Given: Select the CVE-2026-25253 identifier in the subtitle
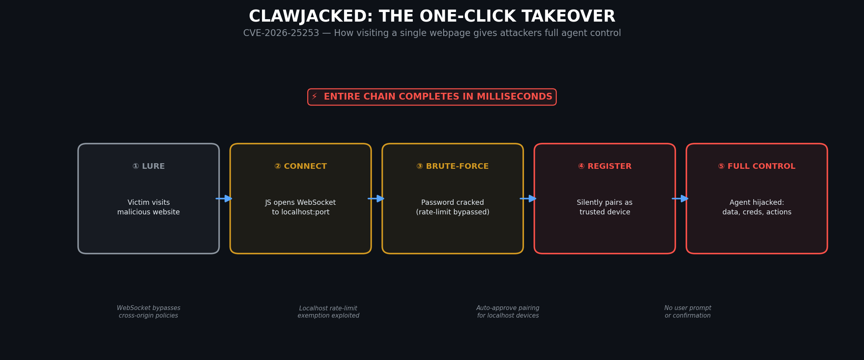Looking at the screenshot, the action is [281, 33].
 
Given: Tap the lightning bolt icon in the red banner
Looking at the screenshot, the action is [314, 97].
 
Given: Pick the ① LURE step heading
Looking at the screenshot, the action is [148, 166].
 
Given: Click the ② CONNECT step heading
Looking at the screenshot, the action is [300, 166].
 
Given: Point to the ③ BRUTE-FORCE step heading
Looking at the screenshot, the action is [452, 166].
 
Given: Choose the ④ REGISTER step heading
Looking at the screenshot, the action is [604, 166].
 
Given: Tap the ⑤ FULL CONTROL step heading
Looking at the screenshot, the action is [756, 166].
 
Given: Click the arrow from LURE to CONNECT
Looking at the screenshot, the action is [224, 198].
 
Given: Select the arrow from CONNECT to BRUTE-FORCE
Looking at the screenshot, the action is [376, 198].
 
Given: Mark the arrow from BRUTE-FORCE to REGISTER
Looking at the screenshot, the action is [528, 198].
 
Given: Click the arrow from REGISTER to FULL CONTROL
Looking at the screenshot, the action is [680, 198].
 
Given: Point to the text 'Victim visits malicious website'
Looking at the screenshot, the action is [148, 207].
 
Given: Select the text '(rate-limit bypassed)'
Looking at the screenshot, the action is [452, 212].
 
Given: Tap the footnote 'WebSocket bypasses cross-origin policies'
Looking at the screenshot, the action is [148, 312].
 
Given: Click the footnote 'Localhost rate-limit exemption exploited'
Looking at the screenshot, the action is [328, 312].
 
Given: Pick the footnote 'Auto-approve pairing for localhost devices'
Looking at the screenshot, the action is [508, 312].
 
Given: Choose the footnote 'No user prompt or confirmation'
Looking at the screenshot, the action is [688, 312].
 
